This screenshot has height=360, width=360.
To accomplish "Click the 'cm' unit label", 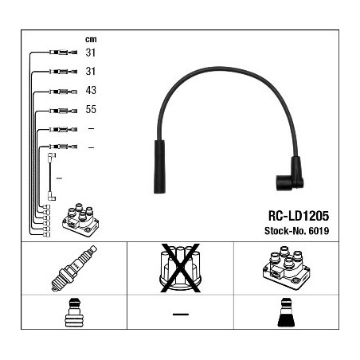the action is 91,40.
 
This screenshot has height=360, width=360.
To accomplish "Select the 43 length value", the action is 91,90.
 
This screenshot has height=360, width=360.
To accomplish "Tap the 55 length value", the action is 91,109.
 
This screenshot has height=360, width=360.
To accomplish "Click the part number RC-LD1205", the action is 299,216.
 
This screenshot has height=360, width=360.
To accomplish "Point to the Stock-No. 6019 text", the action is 297,231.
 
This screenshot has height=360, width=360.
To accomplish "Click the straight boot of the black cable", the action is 159,166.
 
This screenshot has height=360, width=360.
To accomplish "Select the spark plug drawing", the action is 74,268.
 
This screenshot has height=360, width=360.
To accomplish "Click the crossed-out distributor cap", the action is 180,268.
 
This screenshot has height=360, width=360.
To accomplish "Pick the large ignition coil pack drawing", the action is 286,268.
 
